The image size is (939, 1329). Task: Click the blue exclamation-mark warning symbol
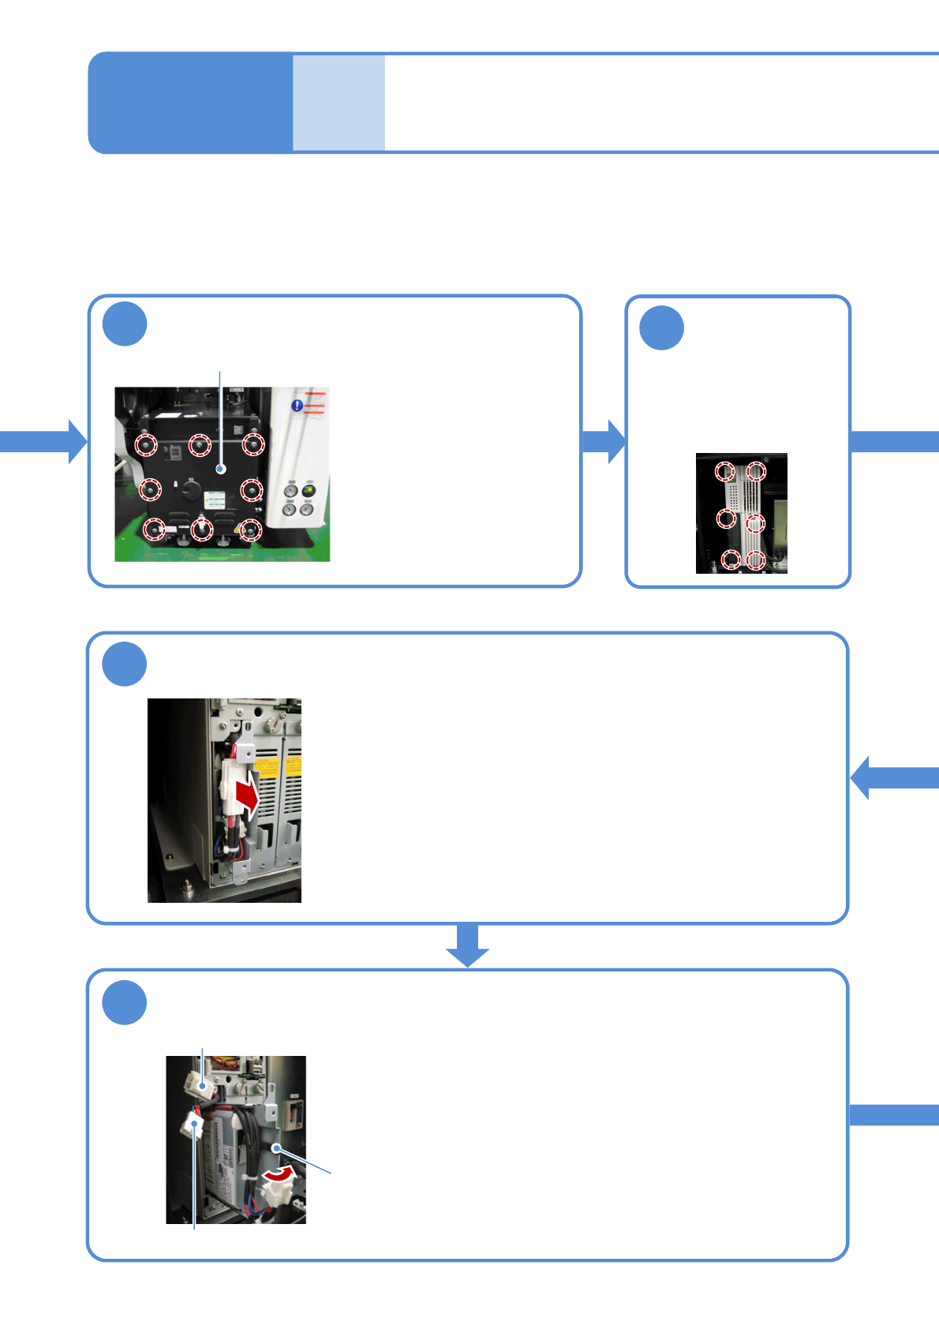pyautogui.click(x=297, y=406)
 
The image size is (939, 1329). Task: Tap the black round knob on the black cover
pyautogui.click(x=191, y=489)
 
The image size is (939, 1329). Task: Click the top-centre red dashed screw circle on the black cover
pyautogui.click(x=200, y=445)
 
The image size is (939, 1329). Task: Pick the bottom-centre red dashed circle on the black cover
pyautogui.click(x=203, y=530)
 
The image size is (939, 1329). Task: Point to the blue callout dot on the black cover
pyautogui.click(x=221, y=469)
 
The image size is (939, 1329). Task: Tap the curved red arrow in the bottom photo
pyautogui.click(x=279, y=1175)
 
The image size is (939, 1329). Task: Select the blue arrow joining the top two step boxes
pyautogui.click(x=604, y=441)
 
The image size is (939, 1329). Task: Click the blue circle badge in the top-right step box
pyautogui.click(x=661, y=328)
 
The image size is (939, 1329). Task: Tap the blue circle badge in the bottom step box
pyautogui.click(x=125, y=1002)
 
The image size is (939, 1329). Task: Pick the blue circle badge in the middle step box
pyautogui.click(x=125, y=664)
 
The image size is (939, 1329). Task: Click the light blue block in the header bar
pyautogui.click(x=339, y=103)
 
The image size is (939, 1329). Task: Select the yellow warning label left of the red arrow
pyautogui.click(x=266, y=766)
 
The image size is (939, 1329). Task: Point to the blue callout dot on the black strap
pyautogui.click(x=276, y=1147)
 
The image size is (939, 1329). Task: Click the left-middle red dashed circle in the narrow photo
pyautogui.click(x=726, y=518)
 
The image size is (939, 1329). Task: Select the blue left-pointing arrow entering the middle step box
pyautogui.click(x=893, y=777)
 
